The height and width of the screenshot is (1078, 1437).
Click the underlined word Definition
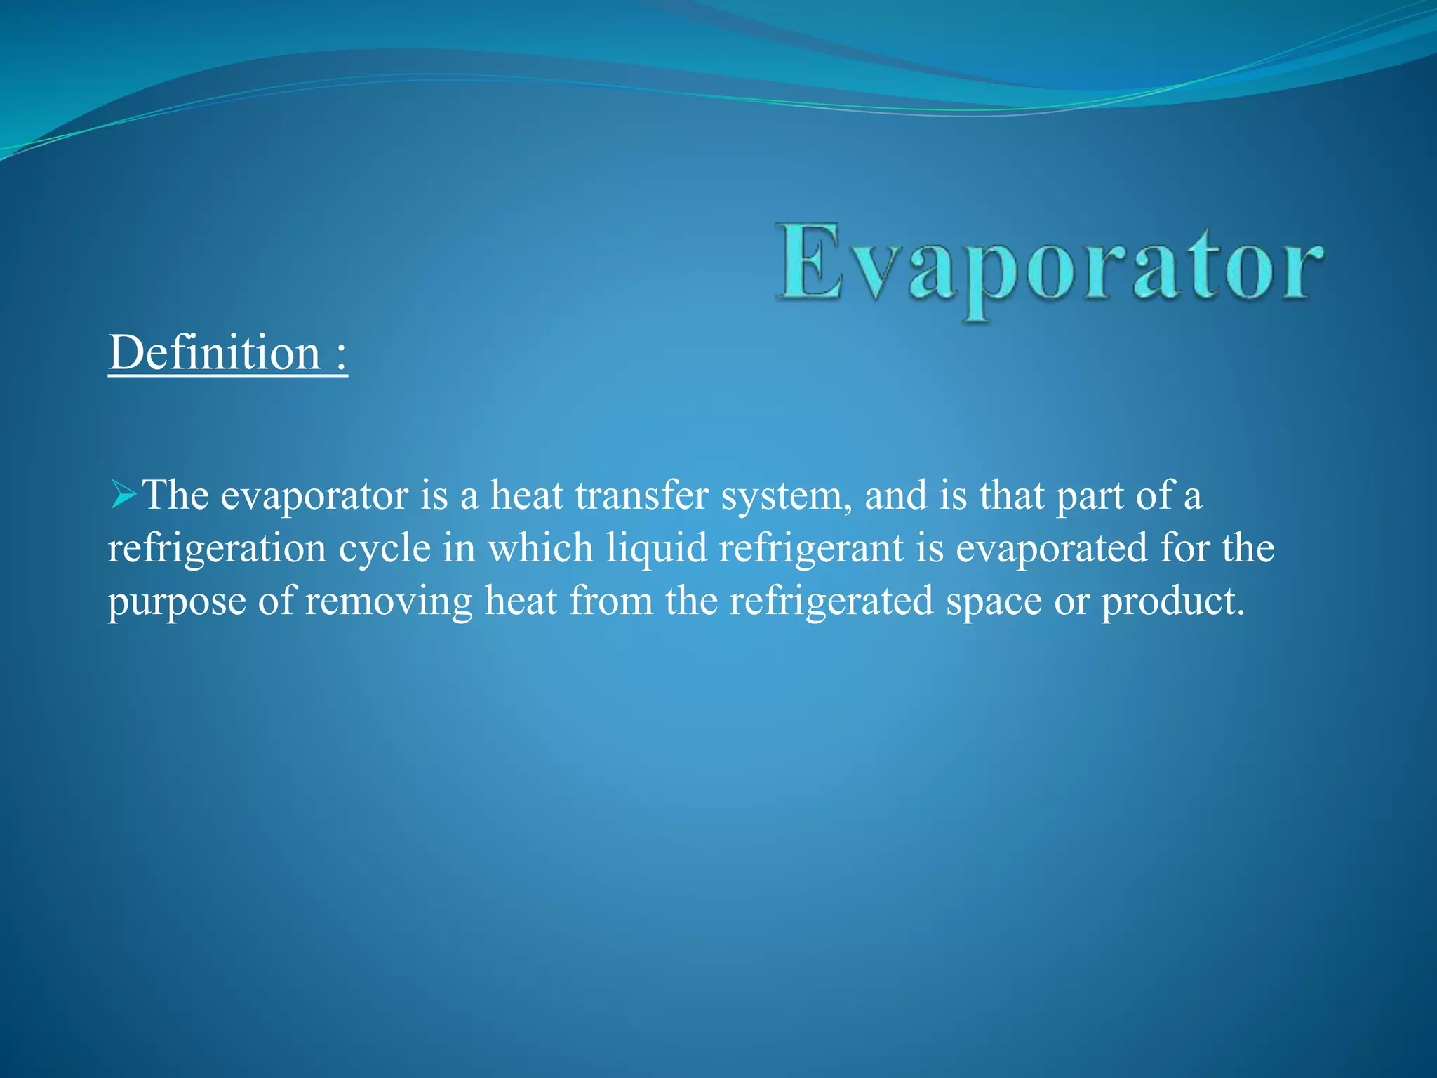(214, 352)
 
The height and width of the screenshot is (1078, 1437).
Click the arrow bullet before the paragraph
(123, 495)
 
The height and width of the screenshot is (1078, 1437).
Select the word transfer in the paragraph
(641, 495)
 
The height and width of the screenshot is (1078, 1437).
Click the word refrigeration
(217, 549)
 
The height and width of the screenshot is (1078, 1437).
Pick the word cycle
(385, 549)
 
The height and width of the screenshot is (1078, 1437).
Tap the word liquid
(657, 549)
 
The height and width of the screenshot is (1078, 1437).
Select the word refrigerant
(811, 549)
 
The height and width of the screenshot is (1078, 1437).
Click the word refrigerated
(831, 602)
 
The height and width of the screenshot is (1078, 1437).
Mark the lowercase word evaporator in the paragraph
(314, 497)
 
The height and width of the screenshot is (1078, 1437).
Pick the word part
(1090, 497)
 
